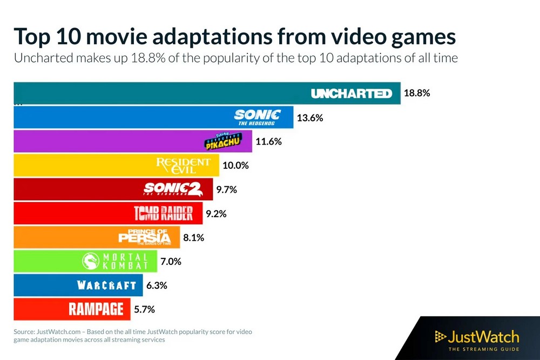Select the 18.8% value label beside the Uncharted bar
[x=416, y=93]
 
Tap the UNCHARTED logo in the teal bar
[x=351, y=94]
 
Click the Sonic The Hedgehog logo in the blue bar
[x=258, y=117]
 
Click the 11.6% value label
[x=268, y=141]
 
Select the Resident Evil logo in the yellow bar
[x=184, y=166]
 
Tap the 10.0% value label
[x=235, y=166]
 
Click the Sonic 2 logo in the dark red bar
[x=173, y=189]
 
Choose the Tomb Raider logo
[x=163, y=214]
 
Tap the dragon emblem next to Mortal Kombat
[x=90, y=262]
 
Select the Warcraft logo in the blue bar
[x=107, y=286]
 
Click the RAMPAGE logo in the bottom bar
[x=96, y=309]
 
